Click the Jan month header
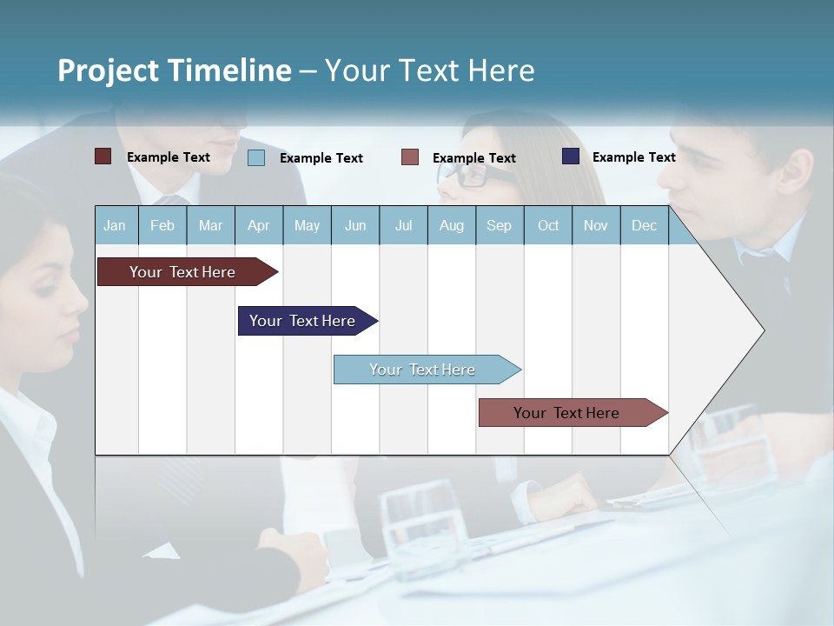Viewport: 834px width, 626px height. (x=115, y=225)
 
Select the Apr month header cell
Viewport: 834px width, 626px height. (x=259, y=225)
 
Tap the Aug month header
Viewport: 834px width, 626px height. (x=451, y=225)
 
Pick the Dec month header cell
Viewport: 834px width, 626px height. (x=644, y=225)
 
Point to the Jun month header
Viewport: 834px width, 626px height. (x=355, y=225)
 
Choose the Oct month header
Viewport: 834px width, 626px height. (x=548, y=225)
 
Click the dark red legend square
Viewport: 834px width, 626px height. (x=103, y=156)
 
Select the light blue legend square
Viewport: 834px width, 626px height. (x=256, y=157)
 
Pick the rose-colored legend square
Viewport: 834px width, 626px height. (x=410, y=156)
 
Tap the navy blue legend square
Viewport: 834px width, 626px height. (x=571, y=156)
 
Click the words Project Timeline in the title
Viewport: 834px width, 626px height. (x=175, y=70)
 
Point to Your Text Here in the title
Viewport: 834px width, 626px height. (x=430, y=70)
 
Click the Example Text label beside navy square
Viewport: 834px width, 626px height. (x=633, y=157)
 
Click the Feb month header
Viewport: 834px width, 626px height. (x=162, y=225)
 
